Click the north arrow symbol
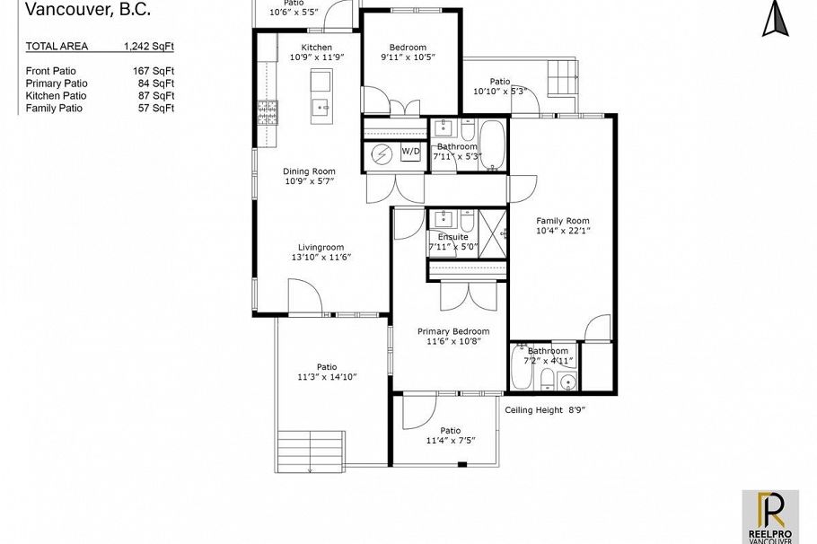(x=775, y=19)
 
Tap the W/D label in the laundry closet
(x=410, y=152)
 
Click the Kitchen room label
(x=316, y=48)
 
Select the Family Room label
(x=563, y=221)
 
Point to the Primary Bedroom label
(x=453, y=331)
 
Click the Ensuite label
(x=441, y=237)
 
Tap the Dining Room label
(x=309, y=171)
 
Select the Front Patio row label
(x=51, y=70)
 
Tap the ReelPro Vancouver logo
(x=770, y=516)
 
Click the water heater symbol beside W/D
(x=382, y=154)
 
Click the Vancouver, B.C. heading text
(x=88, y=11)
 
